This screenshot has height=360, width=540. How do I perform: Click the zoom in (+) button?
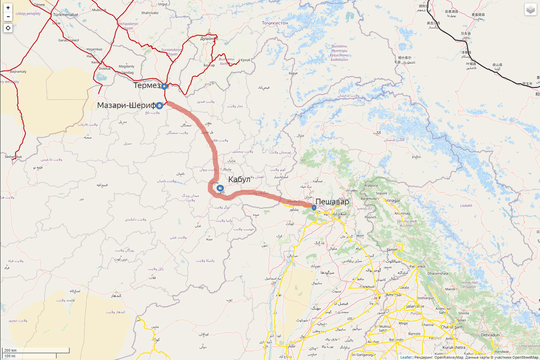tap(8, 8)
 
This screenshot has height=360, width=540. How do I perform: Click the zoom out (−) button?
tap(8, 17)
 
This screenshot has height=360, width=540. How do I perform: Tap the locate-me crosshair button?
tap(8, 28)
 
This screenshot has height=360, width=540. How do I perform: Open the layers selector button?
tap(530, 9)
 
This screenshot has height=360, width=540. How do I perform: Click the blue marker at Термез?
tap(165, 86)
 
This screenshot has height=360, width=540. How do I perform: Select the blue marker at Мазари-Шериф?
tap(159, 106)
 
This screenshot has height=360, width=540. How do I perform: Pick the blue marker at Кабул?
tap(220, 188)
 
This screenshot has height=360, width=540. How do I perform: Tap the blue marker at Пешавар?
tap(314, 207)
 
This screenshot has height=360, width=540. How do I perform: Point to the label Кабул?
tap(239, 180)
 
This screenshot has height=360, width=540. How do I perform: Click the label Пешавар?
tap(332, 202)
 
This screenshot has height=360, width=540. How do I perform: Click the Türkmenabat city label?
tap(66, 14)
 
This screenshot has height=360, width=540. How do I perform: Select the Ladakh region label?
tap(467, 206)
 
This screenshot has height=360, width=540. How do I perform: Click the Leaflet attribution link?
tap(406, 357)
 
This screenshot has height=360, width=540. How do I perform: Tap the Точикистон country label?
tap(275, 22)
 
